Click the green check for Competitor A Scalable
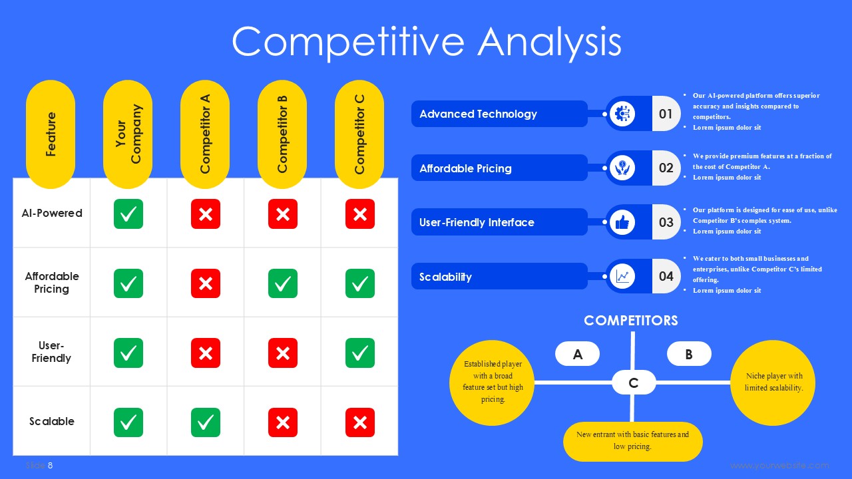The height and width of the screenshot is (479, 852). pos(206,422)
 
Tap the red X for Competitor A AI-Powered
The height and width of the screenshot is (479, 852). pos(206,214)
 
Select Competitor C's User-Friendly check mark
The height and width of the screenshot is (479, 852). pos(360,353)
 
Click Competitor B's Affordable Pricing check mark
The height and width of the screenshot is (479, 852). pos(283,283)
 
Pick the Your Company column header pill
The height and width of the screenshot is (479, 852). pos(128,134)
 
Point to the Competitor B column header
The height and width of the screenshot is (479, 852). pos(282,134)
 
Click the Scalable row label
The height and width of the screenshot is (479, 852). pos(52,421)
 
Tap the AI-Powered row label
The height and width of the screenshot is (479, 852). pos(52,213)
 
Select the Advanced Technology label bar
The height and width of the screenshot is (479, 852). pos(499,114)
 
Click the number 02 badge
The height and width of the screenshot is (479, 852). pos(666,168)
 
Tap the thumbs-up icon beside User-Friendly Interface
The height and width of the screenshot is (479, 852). pos(622,222)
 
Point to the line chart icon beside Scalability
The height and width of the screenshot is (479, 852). pos(622,276)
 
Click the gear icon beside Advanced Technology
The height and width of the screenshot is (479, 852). pos(622,114)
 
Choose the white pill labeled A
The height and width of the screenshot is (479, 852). pos(577,355)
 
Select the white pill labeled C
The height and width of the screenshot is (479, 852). pos(634,383)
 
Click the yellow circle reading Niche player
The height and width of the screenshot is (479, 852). pos(773,383)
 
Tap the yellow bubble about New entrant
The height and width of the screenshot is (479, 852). pos(632,441)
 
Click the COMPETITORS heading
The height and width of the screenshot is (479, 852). pos(631,321)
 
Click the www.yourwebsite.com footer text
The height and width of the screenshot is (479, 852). pos(779,465)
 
